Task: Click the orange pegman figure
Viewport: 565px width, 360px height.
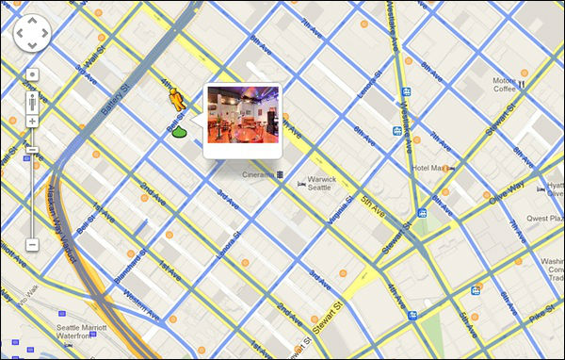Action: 176,98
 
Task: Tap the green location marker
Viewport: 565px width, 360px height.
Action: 179,132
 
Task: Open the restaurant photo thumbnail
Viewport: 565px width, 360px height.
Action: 242,119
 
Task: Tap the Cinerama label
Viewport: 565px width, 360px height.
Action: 256,175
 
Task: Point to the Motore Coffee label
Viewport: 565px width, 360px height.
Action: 505,86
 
